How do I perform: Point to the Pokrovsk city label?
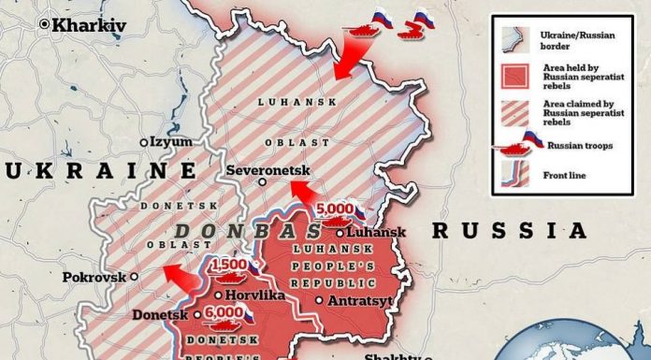(x=93, y=277)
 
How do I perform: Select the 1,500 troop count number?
(x=230, y=266)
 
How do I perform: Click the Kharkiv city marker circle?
(x=44, y=26)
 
